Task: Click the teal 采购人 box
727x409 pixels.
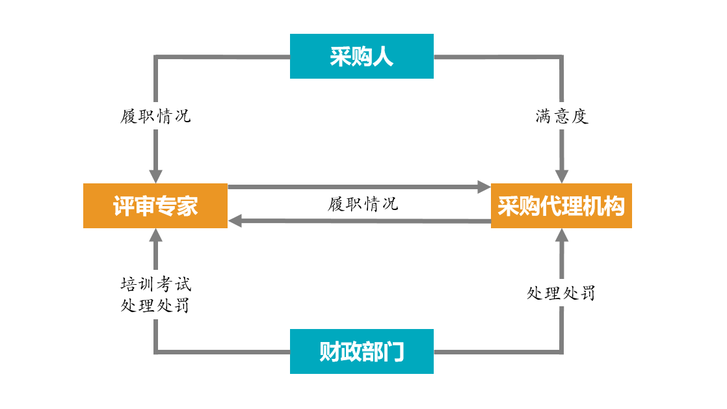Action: [x=362, y=57]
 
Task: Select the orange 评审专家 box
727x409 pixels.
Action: [x=155, y=206]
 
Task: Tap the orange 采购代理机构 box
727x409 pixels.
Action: [x=561, y=206]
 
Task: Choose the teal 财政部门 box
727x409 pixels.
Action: [x=362, y=352]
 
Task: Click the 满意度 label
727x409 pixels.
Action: [x=562, y=117]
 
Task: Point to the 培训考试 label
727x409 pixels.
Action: [x=156, y=284]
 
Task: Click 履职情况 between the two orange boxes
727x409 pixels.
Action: [x=363, y=204]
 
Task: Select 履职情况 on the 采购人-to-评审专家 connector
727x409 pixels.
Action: [x=156, y=117]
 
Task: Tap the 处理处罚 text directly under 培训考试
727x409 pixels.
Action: [x=156, y=306]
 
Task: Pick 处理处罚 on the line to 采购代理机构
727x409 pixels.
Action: [x=561, y=293]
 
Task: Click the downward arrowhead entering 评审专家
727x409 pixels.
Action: [x=155, y=176]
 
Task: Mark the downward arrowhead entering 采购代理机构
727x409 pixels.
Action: [x=562, y=176]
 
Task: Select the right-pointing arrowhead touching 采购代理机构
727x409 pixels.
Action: [x=484, y=187]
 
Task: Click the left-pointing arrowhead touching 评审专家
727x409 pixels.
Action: [x=235, y=221]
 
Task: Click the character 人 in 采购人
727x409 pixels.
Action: [x=384, y=57]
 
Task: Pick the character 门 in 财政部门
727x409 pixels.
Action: [x=394, y=352]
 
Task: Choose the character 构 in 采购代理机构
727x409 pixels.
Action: [x=613, y=206]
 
